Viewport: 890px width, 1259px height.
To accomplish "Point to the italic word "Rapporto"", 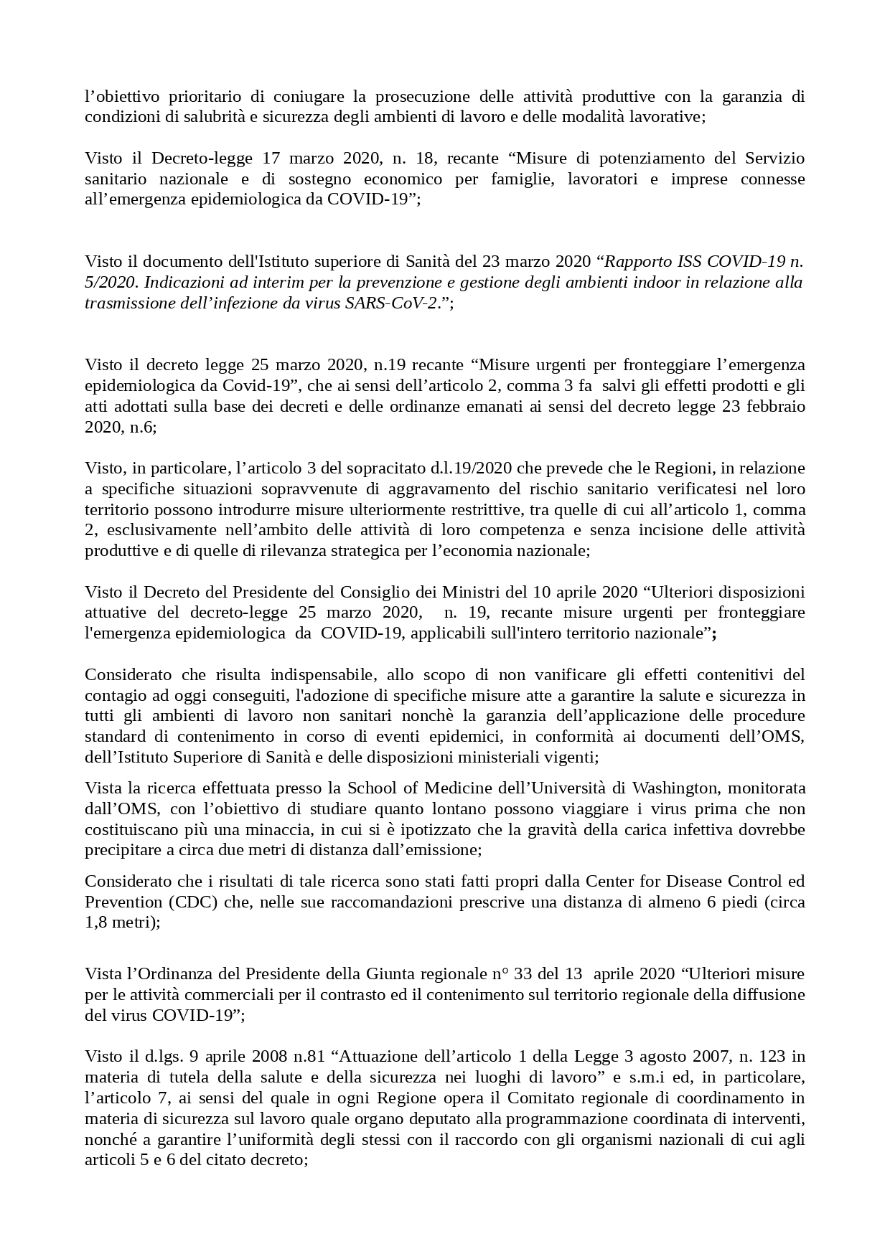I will point(643,261).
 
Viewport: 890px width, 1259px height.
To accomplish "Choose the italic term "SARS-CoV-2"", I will point(395,303).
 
